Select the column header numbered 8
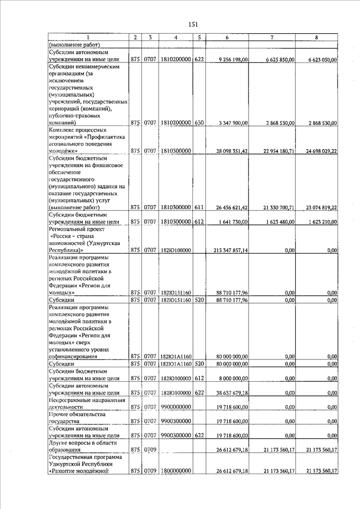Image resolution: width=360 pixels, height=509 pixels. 317,37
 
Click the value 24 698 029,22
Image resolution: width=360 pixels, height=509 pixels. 319,151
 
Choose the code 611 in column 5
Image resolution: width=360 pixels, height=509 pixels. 199,208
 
